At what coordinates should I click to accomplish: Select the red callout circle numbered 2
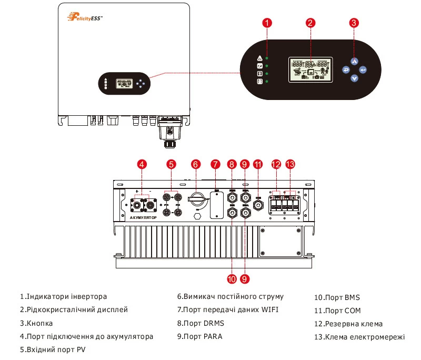tap(310, 23)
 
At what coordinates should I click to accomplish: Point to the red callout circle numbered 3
tap(354, 23)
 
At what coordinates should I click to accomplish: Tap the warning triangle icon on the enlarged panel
tap(259, 58)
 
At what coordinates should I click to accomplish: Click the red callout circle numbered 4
tap(142, 164)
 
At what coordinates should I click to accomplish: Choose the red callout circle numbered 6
tap(195, 164)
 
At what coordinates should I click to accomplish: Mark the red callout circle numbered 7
tap(215, 164)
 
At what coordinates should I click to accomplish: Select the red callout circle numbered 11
tap(258, 164)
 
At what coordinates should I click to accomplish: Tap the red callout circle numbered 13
tap(290, 164)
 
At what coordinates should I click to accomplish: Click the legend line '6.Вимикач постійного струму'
tap(230, 297)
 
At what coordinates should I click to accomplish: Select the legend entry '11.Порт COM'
tap(337, 311)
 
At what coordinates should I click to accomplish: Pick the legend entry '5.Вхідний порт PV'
tap(53, 349)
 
